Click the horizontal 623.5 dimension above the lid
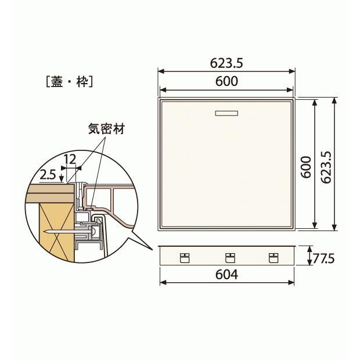pos(226,63)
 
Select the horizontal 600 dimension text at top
pos(226,81)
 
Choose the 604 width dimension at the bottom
pos(226,274)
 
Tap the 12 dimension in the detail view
pos(71,159)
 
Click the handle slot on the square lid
pos(226,113)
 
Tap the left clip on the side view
pos(185,258)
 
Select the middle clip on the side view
pos(229,258)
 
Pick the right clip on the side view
pos(272,258)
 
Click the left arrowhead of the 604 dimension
pos(161,283)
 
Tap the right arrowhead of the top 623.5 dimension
pos(293,71)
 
